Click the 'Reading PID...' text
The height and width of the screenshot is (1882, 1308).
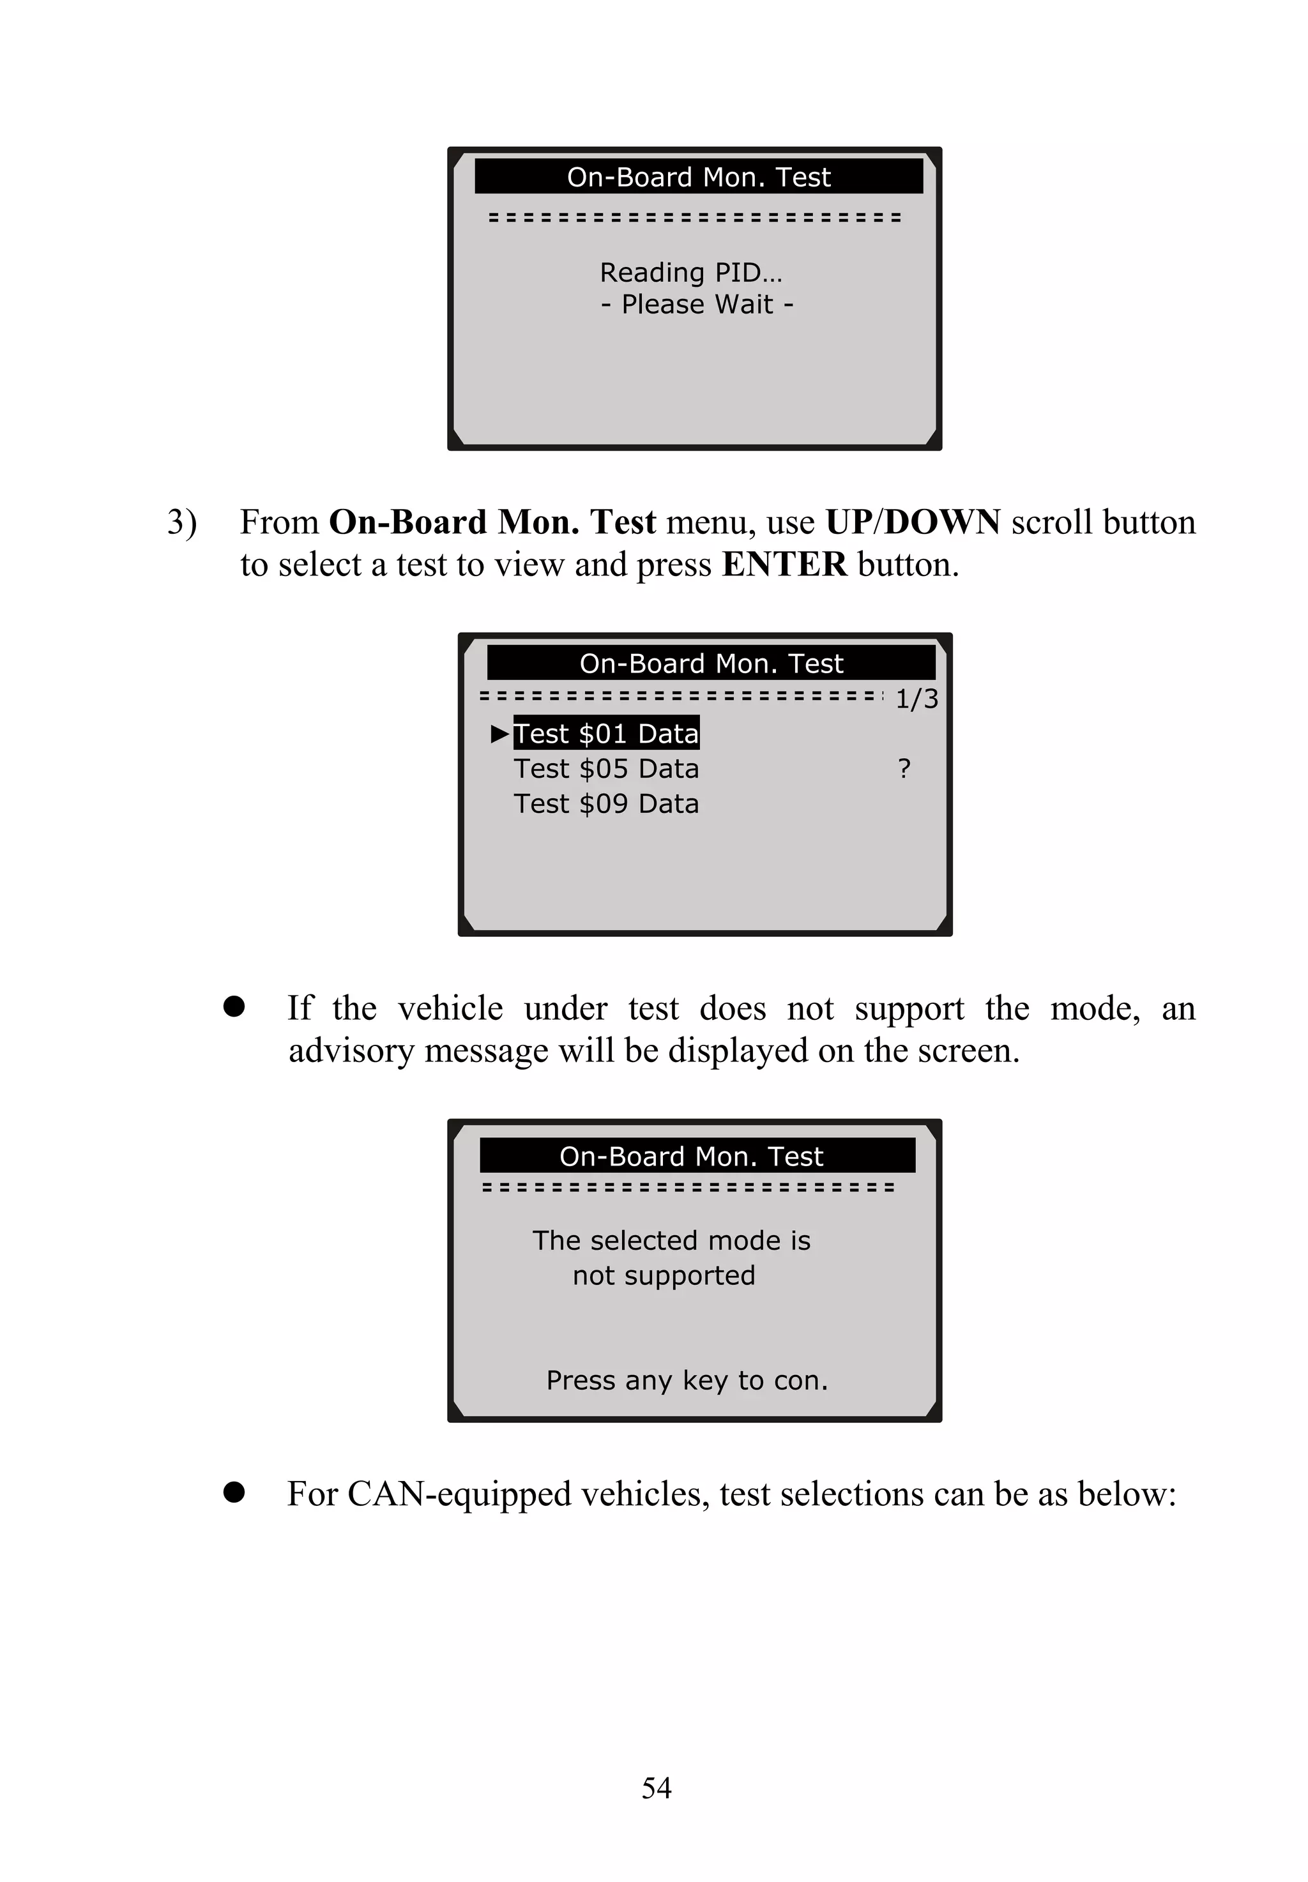tap(691, 272)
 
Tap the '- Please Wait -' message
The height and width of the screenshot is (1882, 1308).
tap(697, 304)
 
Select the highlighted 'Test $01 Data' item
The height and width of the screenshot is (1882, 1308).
tap(607, 733)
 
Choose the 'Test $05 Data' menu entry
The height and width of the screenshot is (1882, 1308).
tap(607, 768)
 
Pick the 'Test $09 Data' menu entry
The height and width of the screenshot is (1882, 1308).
tap(607, 804)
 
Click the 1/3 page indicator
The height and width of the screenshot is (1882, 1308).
tap(916, 699)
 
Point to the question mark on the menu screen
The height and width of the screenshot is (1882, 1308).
tap(904, 768)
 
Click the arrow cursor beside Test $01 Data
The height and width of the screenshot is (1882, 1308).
tap(499, 733)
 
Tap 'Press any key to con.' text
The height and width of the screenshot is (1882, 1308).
tap(687, 1380)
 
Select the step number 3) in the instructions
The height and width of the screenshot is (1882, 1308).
tap(181, 522)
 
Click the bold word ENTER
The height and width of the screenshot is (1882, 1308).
tap(784, 565)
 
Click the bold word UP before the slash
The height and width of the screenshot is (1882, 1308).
tap(848, 522)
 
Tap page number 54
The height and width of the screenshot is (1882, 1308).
tap(656, 1787)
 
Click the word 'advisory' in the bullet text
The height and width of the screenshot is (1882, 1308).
tap(351, 1051)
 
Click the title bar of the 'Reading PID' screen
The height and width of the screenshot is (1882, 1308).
tap(698, 177)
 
